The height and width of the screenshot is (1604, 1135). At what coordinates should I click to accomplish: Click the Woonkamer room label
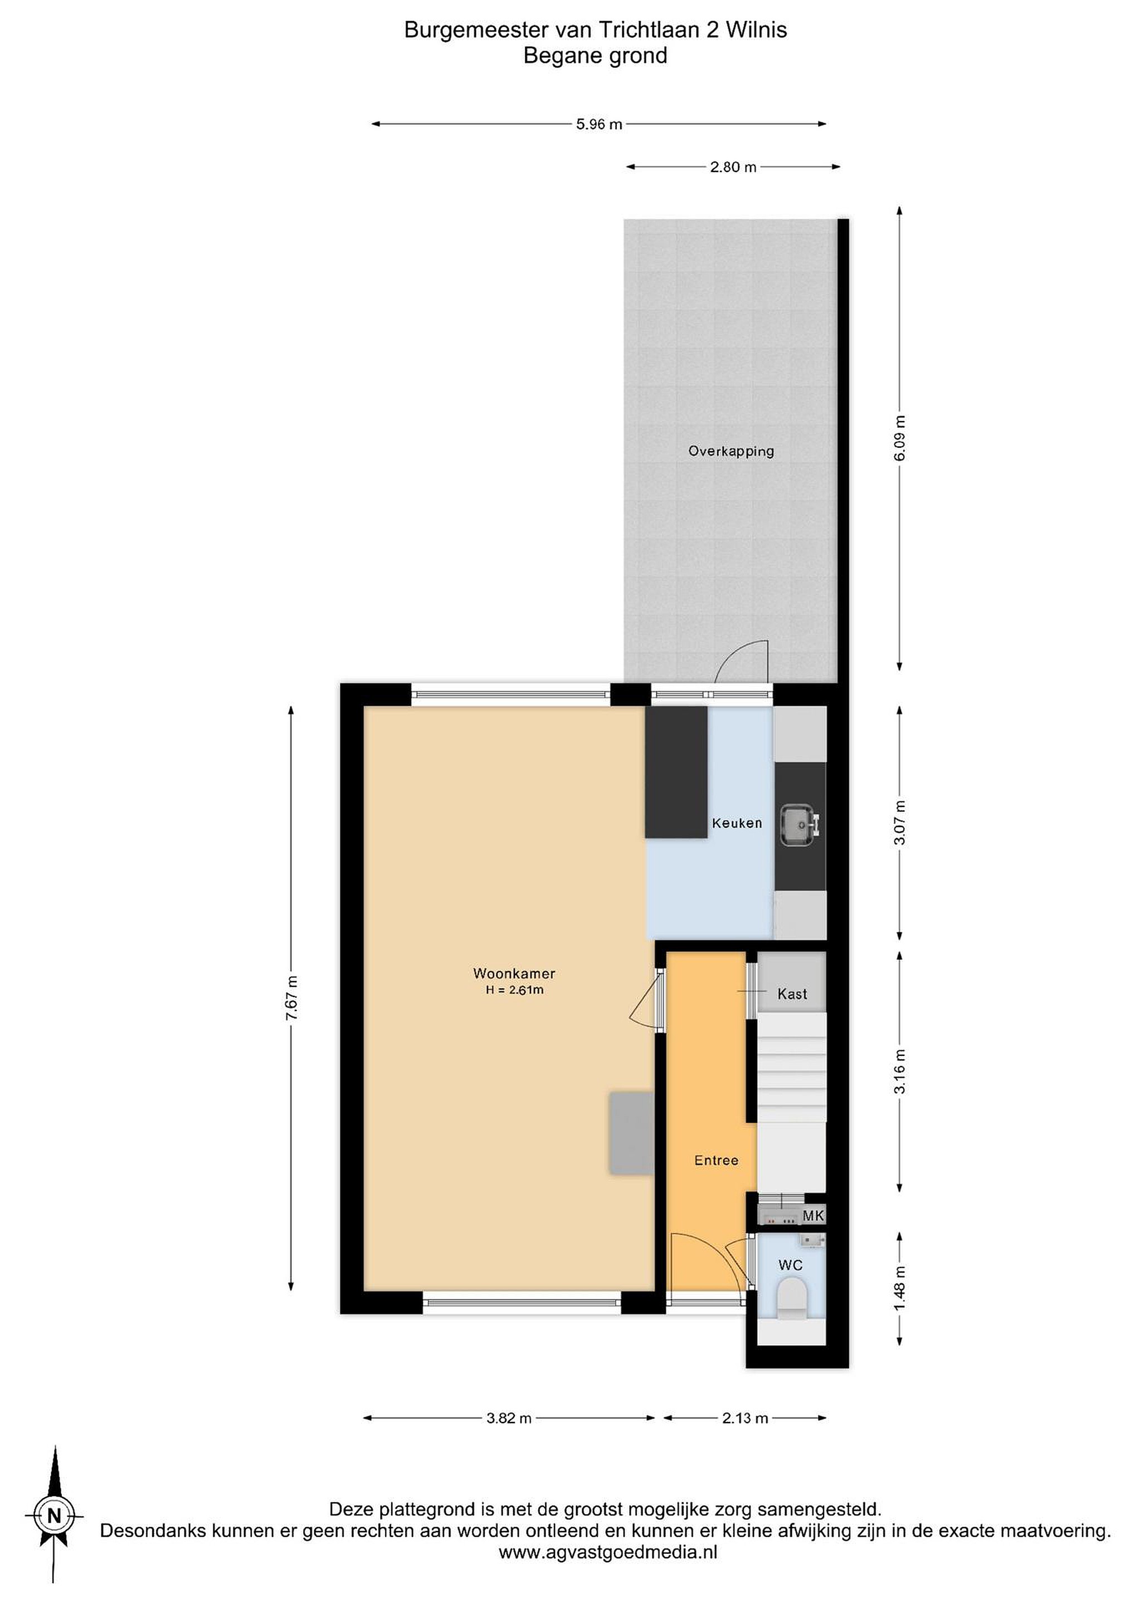tap(514, 973)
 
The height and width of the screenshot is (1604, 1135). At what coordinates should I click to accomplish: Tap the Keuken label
tap(737, 823)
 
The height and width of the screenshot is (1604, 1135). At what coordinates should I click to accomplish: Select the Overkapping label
tap(731, 451)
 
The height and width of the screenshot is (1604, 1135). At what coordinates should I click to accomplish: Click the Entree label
tap(715, 1160)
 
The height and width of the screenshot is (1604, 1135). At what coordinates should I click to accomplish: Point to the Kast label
tap(792, 994)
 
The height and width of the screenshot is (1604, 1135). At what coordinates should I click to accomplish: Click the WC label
tap(791, 1265)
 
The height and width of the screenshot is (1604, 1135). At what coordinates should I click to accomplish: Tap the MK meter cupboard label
tap(813, 1216)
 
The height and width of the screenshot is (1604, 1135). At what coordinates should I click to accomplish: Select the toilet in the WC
tap(791, 1299)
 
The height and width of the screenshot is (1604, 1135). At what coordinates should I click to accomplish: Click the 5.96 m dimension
tap(599, 124)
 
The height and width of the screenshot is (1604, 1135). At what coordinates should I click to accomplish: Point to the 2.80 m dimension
tap(733, 167)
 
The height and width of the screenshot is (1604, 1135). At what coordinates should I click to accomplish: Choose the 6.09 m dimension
tap(899, 438)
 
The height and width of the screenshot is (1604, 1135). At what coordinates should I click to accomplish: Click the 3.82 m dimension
tap(509, 1418)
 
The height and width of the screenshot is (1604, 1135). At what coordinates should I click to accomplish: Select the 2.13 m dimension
tap(745, 1418)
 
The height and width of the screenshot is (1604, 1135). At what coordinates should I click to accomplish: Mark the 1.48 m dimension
tap(899, 1289)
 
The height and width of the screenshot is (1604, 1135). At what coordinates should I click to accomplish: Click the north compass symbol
tap(54, 1516)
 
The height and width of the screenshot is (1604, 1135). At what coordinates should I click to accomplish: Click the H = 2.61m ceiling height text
tap(514, 990)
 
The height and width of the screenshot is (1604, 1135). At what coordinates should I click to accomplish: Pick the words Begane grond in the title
tap(596, 56)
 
